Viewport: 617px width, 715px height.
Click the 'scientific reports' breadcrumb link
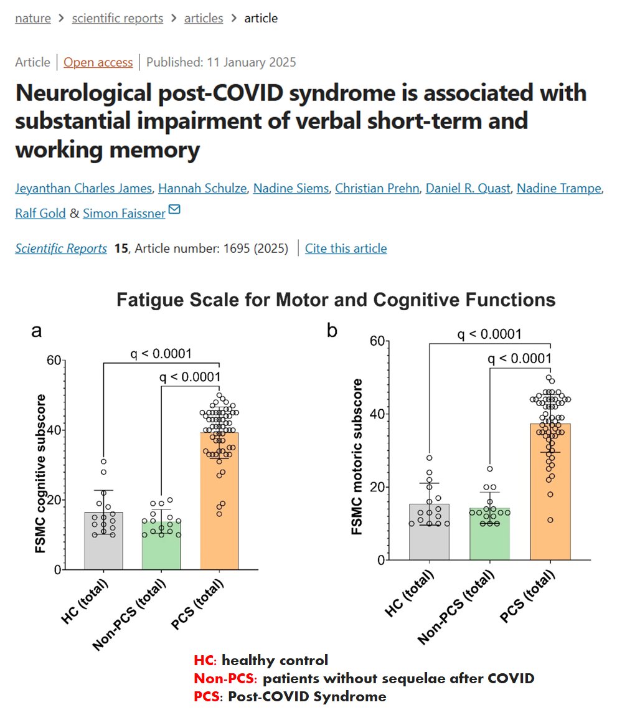pos(117,19)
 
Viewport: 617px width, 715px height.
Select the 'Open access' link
pos(98,62)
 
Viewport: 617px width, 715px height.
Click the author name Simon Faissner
pos(124,214)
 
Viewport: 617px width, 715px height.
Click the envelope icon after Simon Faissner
pos(174,211)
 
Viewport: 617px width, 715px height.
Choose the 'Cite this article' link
pos(346,249)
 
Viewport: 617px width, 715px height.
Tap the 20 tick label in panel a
pos(55,500)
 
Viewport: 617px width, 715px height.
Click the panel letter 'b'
pos(332,331)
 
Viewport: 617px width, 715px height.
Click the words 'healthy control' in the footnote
pos(275,660)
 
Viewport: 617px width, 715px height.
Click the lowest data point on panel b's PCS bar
pos(550,519)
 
